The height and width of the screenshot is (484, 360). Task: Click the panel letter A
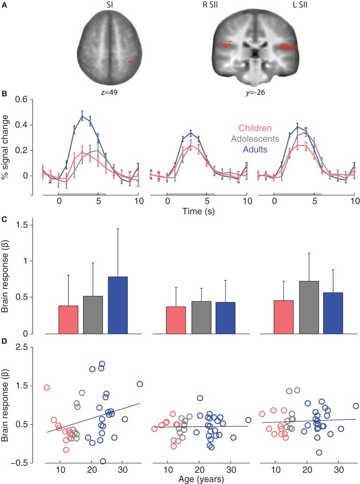point(4,4)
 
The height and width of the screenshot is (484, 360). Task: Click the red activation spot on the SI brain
point(131,61)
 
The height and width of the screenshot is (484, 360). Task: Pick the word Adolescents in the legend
point(256,138)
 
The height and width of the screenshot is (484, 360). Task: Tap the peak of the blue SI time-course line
point(83,116)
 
